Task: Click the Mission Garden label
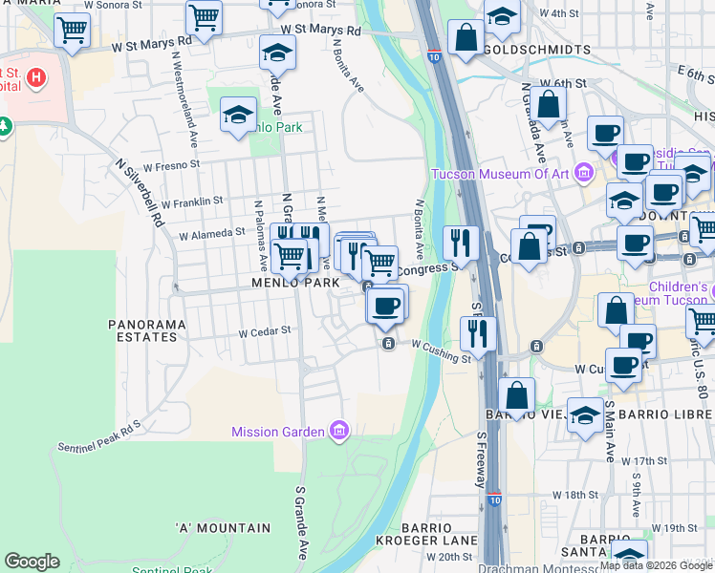[277, 432]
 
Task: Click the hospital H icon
[35, 76]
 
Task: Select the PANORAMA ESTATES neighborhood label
[146, 331]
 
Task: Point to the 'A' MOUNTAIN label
[223, 528]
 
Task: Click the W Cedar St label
[264, 332]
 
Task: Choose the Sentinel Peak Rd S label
[98, 435]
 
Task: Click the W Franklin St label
[191, 202]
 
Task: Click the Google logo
[32, 562]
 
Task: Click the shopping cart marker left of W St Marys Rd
[73, 30]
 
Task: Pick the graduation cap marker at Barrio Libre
[585, 415]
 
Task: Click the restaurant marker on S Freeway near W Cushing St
[478, 332]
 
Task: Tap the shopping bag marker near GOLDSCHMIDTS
[466, 39]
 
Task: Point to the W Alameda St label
[212, 233]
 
